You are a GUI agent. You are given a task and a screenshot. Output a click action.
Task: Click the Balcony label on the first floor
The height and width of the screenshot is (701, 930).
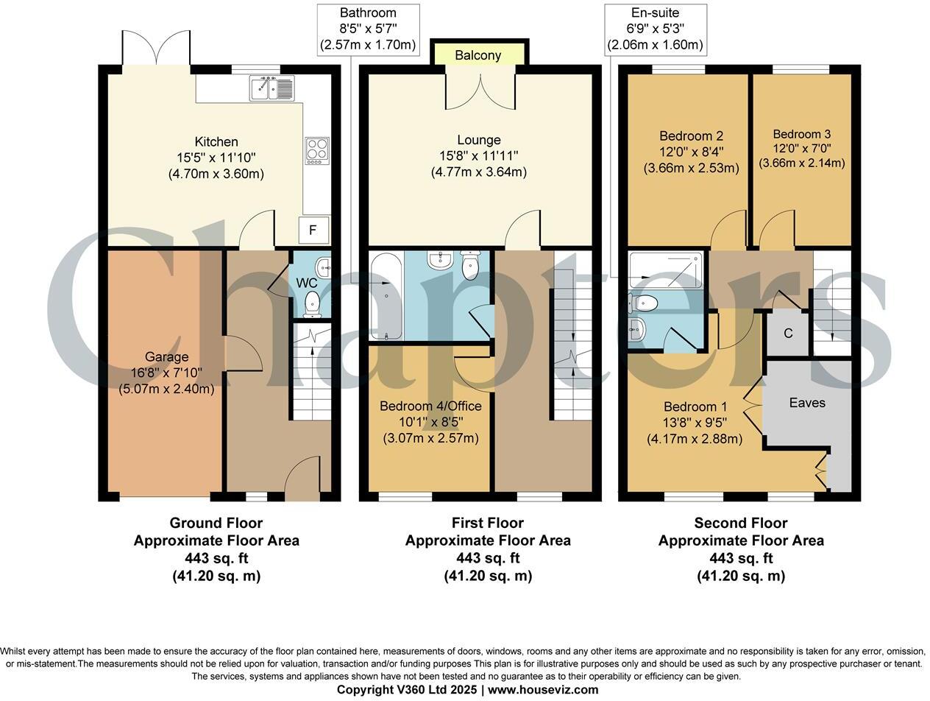pos(478,55)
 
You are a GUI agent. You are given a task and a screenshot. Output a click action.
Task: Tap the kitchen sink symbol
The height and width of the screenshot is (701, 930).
pos(271,88)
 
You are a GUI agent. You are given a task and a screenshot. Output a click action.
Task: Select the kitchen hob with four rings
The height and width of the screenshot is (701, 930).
pos(317,150)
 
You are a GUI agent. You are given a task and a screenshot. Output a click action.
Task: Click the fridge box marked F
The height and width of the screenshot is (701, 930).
pos(313,230)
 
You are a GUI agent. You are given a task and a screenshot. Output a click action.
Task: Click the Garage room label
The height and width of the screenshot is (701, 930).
pos(166,357)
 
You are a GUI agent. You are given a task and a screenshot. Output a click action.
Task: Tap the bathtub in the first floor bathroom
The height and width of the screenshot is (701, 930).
pos(386,297)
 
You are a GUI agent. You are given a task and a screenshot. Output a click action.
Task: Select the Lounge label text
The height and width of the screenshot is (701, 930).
pos(478,140)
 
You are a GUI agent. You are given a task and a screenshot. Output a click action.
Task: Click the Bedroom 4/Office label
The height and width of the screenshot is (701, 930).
pos(430,406)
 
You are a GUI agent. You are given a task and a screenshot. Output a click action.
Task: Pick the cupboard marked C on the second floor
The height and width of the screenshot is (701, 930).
pos(788,334)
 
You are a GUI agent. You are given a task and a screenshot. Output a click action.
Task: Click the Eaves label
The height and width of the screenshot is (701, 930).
pos(807,403)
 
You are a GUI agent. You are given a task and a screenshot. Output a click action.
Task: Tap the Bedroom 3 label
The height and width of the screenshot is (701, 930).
pos(801,134)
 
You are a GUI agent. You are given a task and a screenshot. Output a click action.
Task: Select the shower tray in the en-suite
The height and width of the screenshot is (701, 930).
pos(667,270)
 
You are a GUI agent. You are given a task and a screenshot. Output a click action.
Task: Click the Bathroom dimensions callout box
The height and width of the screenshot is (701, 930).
pos(368,29)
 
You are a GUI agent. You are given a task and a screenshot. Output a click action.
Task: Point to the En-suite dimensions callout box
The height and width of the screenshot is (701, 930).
pos(655,29)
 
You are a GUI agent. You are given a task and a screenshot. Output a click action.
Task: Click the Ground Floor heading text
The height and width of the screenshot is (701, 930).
pos(216,523)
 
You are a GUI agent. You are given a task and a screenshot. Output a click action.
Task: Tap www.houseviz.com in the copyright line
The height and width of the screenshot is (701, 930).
pos(543,690)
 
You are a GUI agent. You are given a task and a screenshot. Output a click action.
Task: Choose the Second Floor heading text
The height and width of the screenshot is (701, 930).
pos(740,523)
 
